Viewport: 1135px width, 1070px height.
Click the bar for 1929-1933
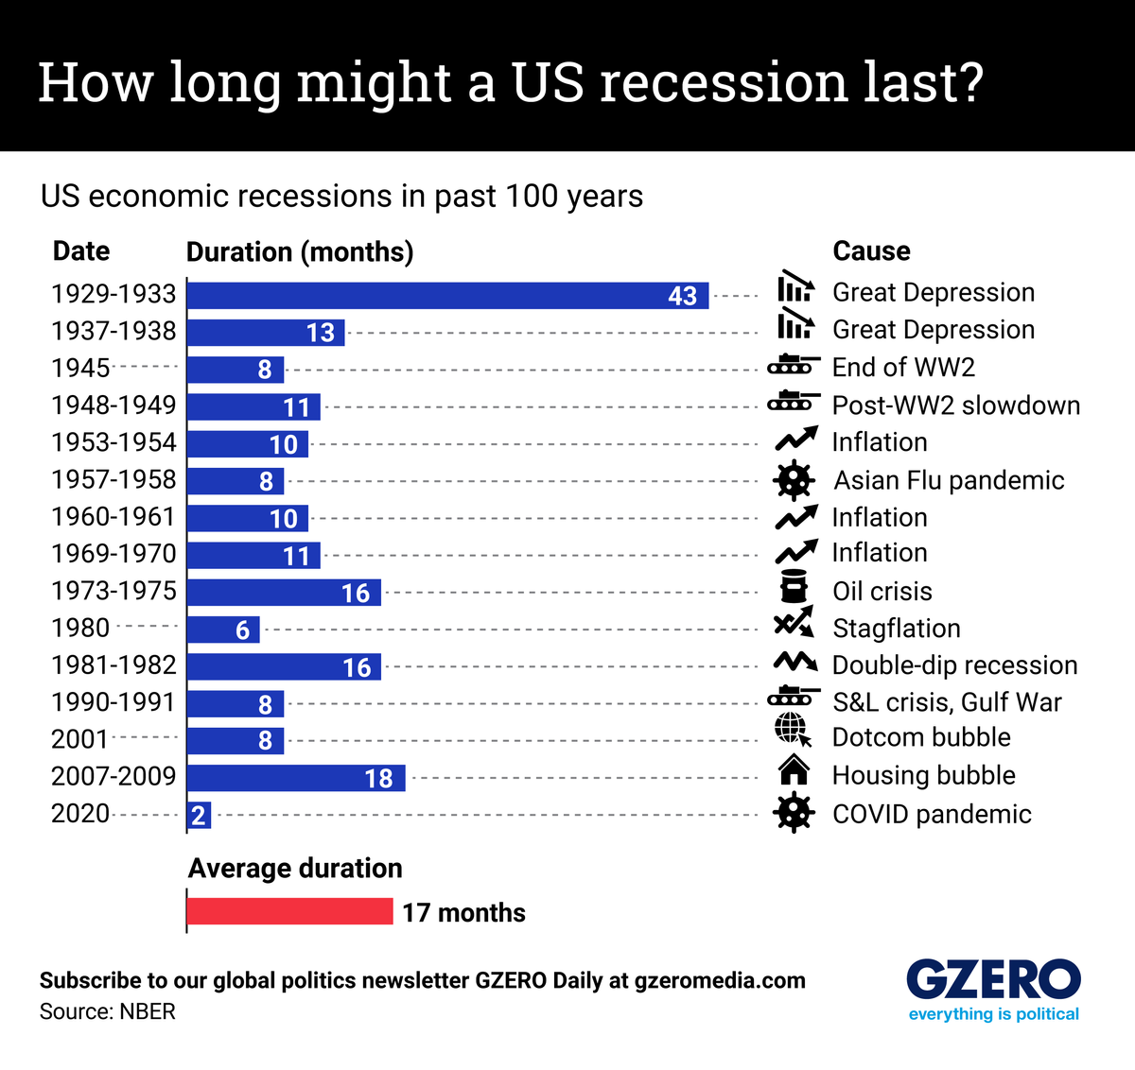point(447,295)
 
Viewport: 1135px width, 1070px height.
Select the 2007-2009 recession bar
point(295,778)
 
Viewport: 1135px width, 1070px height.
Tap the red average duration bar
point(289,911)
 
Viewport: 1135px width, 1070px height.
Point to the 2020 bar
point(199,815)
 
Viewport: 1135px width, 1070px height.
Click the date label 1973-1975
point(113,592)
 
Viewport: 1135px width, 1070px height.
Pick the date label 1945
point(80,368)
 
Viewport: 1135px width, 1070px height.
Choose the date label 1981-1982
point(113,665)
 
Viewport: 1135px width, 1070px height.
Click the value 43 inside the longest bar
point(682,296)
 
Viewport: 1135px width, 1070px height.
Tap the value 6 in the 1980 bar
point(242,630)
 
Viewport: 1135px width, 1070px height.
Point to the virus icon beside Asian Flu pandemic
point(794,480)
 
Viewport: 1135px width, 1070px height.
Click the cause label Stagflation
point(896,629)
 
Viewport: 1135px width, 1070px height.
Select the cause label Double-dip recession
point(954,665)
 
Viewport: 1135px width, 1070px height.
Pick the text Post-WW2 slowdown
point(955,406)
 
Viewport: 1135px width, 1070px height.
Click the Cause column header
point(871,251)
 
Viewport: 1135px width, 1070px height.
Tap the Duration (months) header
point(300,252)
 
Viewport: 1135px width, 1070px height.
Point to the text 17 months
point(463,913)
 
